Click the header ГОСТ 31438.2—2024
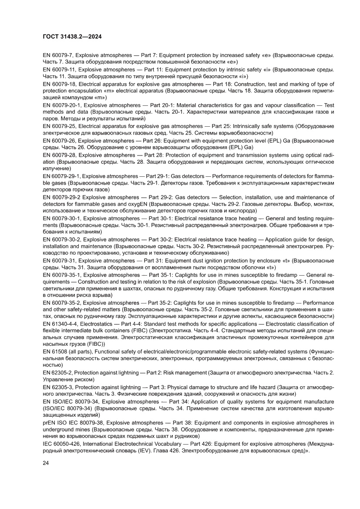coord(72,37)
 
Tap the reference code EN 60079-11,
coord(61,69)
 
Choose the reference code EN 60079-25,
coord(61,126)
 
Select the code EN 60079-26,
coord(61,141)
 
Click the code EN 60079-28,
coord(61,155)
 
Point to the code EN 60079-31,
coord(61,260)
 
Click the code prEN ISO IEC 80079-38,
coord(75,422)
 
